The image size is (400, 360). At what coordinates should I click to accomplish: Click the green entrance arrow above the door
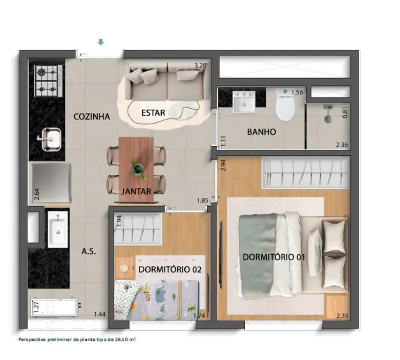[101, 42]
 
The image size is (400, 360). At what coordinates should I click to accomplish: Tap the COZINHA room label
[92, 117]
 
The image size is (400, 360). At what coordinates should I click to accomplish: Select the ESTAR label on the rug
[153, 112]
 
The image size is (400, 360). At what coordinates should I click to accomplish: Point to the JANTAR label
[136, 191]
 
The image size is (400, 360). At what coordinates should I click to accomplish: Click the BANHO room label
[262, 132]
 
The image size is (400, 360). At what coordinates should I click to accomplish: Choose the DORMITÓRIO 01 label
[274, 257]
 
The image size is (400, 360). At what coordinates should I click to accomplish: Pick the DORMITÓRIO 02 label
[170, 270]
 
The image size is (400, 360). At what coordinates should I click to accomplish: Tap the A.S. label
[89, 252]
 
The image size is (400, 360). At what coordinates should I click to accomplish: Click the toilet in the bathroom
[285, 105]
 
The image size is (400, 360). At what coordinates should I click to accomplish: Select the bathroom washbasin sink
[244, 102]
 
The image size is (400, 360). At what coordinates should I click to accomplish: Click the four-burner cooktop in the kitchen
[49, 81]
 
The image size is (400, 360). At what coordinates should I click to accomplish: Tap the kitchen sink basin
[51, 139]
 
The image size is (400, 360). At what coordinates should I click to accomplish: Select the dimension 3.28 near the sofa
[200, 66]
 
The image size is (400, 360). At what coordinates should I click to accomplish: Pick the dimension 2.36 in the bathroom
[342, 145]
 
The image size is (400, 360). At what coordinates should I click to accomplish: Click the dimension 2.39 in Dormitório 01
[342, 316]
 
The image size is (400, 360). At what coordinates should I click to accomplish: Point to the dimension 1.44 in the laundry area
[99, 314]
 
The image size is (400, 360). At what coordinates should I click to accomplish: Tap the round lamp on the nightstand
[124, 268]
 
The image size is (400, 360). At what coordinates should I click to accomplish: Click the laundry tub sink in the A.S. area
[58, 229]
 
